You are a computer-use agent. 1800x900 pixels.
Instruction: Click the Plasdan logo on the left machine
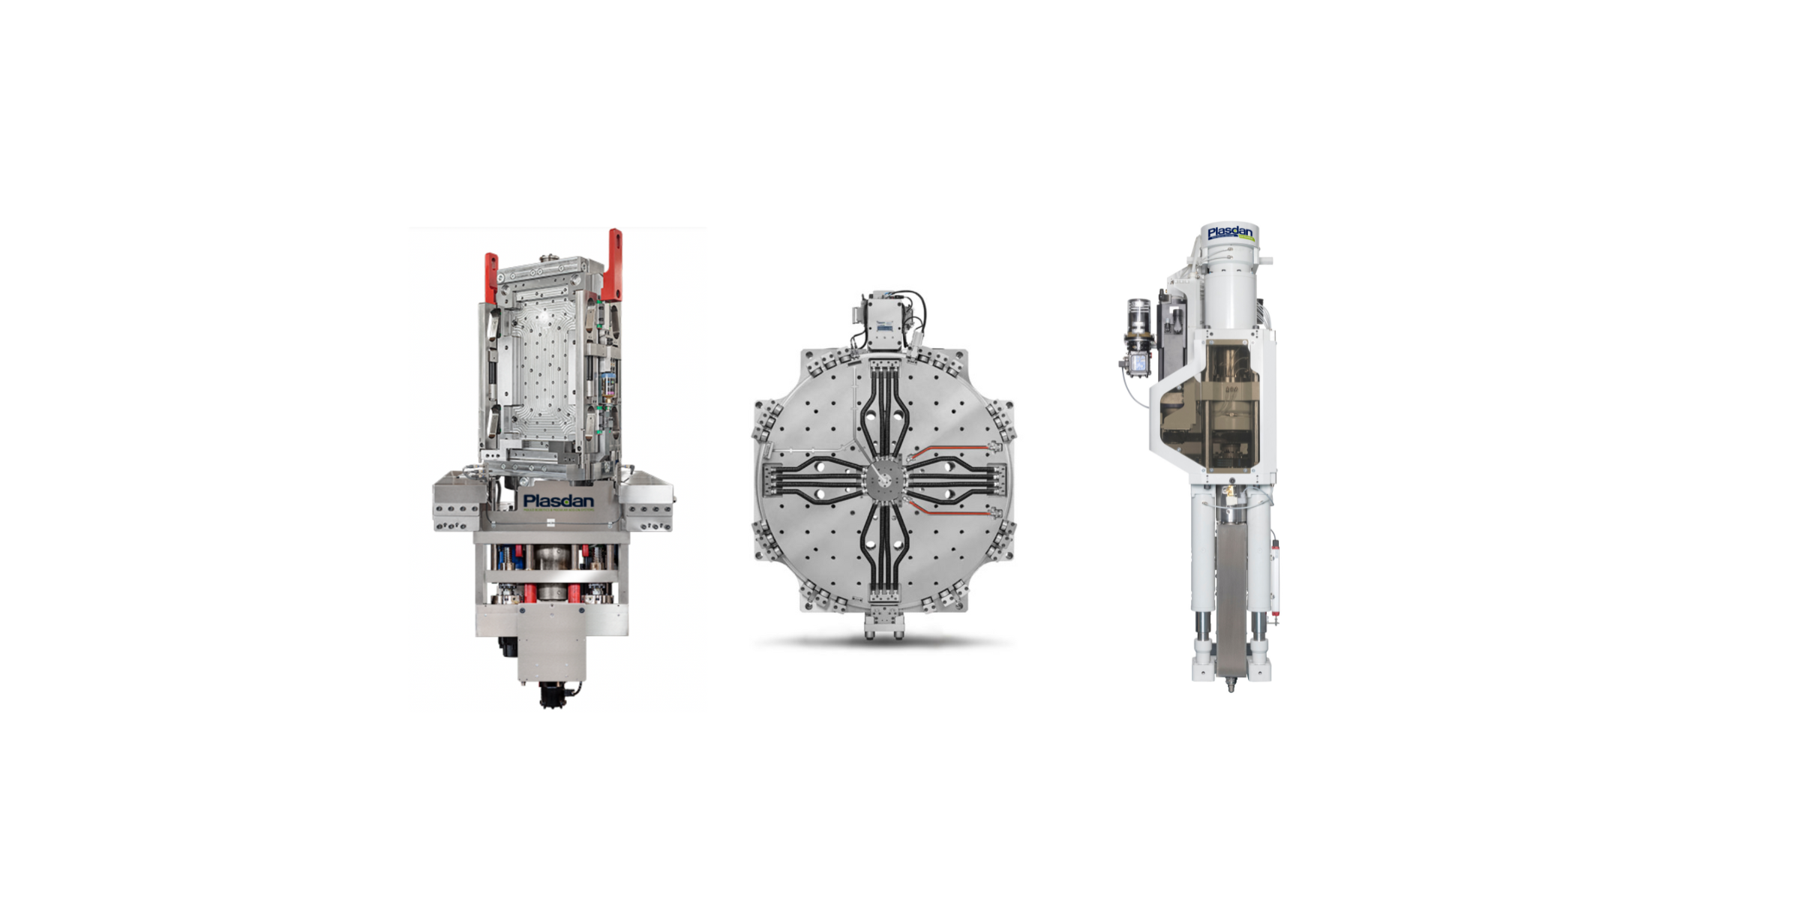558,501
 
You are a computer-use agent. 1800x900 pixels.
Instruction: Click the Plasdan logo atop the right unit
1230,233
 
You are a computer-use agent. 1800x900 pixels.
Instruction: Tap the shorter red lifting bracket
490,277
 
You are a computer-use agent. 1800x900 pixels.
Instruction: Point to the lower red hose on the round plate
949,511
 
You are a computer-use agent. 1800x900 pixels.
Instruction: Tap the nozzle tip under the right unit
1231,685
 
